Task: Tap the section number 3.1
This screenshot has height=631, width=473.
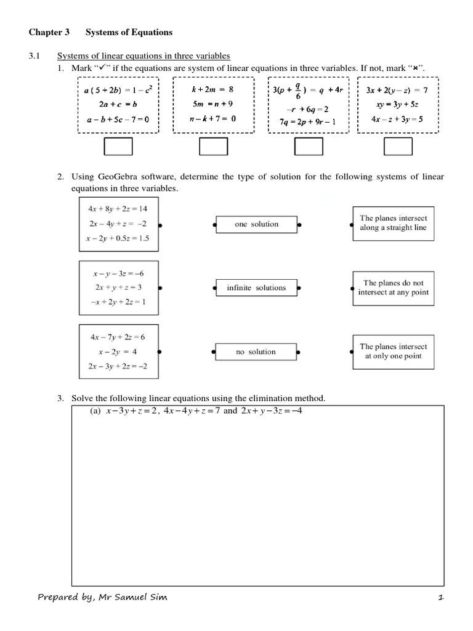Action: (34, 56)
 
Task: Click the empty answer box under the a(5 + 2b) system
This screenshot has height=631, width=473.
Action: (118, 146)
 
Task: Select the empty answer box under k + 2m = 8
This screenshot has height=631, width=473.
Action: (213, 146)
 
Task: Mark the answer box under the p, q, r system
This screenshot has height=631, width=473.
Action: (309, 146)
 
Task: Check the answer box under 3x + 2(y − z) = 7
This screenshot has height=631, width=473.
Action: (397, 146)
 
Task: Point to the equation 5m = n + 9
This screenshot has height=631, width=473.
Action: (212, 104)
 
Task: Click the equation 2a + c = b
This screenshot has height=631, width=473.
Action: (118, 104)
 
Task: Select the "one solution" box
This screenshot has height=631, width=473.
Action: (256, 224)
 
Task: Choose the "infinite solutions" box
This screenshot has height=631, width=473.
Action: (256, 288)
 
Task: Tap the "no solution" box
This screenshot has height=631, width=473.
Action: (256, 352)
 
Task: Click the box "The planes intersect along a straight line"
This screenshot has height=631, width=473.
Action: (393, 223)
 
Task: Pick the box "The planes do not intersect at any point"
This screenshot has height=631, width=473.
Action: (393, 288)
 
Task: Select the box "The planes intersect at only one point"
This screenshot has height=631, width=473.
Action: (393, 351)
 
